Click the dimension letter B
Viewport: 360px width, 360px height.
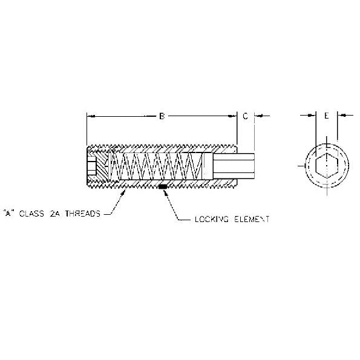click(162, 116)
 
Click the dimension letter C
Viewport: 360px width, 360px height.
click(245, 116)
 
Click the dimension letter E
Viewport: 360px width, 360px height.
click(327, 116)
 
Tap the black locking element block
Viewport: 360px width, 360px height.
click(163, 187)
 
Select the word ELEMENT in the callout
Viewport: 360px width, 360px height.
click(252, 219)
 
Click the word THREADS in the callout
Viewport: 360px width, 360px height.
click(83, 214)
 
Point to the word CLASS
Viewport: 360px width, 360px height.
click(31, 214)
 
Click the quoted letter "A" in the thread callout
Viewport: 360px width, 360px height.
click(8, 213)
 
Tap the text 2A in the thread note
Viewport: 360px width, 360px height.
click(54, 214)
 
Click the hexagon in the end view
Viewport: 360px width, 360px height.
click(327, 166)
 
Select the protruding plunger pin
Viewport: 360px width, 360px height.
click(234, 166)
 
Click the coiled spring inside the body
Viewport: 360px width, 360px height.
click(156, 166)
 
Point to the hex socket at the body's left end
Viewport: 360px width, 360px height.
click(91, 166)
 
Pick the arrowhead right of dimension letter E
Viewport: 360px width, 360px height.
click(342, 115)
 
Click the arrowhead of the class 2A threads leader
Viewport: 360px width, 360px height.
click(123, 193)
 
